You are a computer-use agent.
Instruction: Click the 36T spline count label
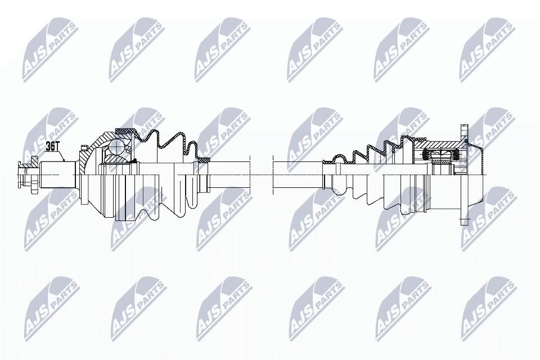[53, 146]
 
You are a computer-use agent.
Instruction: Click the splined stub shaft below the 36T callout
[57, 175]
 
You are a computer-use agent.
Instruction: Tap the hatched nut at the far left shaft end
[34, 175]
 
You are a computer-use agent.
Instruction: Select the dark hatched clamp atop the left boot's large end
[125, 130]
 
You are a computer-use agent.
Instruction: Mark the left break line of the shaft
[250, 175]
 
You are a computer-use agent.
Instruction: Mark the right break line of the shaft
[273, 175]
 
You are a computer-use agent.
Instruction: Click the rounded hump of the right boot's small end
[339, 157]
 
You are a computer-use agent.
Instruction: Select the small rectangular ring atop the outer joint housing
[83, 148]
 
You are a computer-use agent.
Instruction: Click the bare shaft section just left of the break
[229, 175]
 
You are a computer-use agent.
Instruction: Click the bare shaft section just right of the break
[298, 175]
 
